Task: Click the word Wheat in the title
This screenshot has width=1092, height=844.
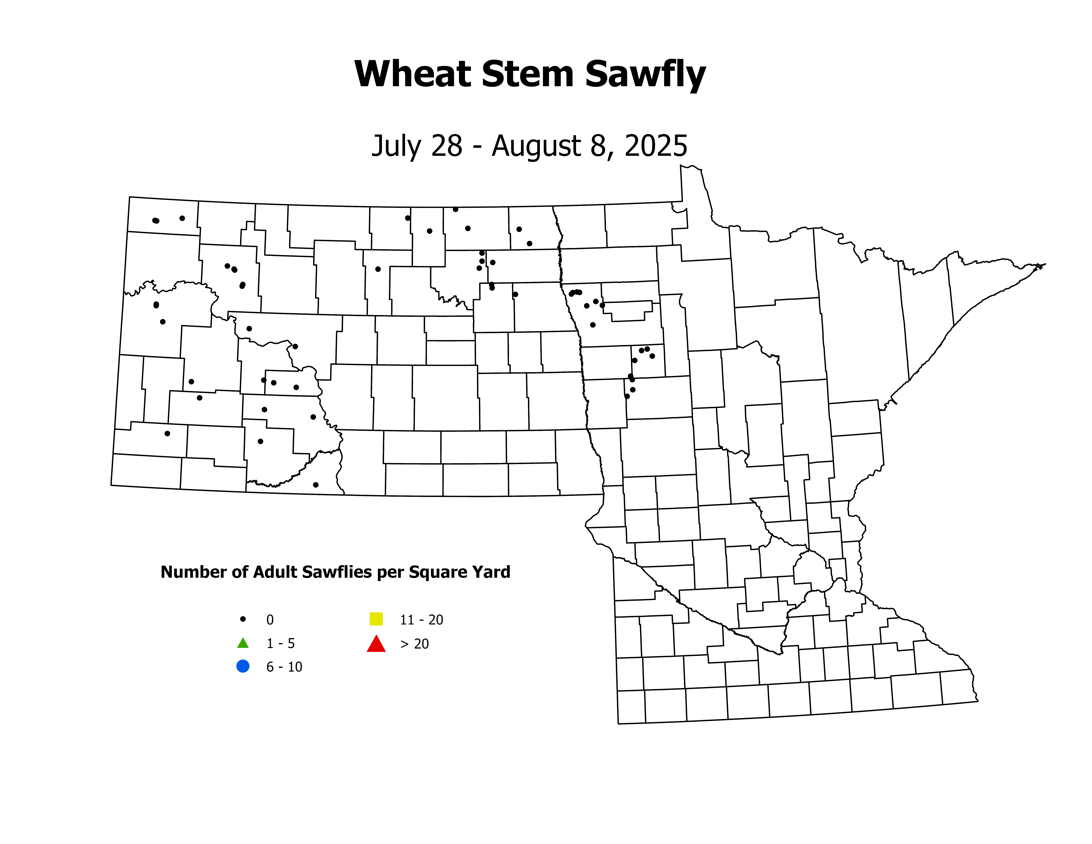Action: pos(413,74)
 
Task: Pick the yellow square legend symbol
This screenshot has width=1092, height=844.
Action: pos(376,619)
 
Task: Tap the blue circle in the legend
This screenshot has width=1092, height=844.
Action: pos(243,666)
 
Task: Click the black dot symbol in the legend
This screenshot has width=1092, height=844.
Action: pos(243,619)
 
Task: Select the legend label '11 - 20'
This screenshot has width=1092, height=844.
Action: pos(422,620)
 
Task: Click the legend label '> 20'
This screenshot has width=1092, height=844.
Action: pos(414,644)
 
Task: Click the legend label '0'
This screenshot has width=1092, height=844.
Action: pos(270,620)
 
